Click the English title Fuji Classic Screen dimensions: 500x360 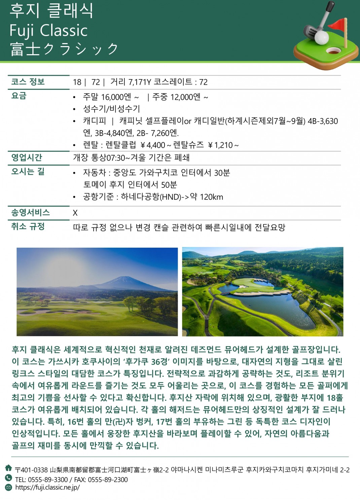(x=48, y=31)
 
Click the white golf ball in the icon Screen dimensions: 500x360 (x=321, y=37)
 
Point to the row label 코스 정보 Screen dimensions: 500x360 (x=28, y=82)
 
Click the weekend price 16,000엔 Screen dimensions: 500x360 (x=116, y=97)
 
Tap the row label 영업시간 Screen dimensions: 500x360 (x=27, y=157)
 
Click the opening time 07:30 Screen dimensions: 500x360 (x=116, y=158)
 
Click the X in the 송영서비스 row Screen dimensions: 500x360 (x=75, y=213)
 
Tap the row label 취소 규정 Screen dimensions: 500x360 (x=28, y=226)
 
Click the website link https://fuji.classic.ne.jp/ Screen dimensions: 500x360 (x=47, y=488)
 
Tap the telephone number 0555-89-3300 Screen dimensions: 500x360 (x=48, y=479)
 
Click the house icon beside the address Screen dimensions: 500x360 (x=8, y=468)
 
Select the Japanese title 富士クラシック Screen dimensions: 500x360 (x=64, y=49)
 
